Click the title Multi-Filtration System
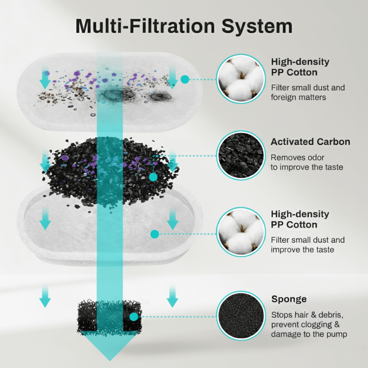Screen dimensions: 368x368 click(x=184, y=26)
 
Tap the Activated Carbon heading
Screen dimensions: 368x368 click(x=310, y=141)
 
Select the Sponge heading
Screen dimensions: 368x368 click(x=289, y=299)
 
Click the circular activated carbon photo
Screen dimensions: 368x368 click(x=241, y=155)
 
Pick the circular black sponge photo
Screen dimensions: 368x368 click(x=241, y=316)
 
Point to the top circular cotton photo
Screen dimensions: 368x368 click(x=241, y=79)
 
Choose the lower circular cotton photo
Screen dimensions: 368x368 click(x=241, y=232)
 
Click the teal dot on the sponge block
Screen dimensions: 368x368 click(x=134, y=317)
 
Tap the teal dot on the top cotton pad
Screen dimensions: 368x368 click(x=185, y=79)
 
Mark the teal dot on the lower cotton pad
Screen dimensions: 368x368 click(x=155, y=234)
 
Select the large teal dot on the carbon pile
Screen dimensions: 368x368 click(x=153, y=177)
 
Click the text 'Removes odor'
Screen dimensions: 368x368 click(x=297, y=157)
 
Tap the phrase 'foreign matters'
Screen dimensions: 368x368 click(x=298, y=97)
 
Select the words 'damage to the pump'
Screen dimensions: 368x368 click(x=309, y=334)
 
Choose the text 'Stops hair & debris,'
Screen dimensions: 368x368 click(x=307, y=315)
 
